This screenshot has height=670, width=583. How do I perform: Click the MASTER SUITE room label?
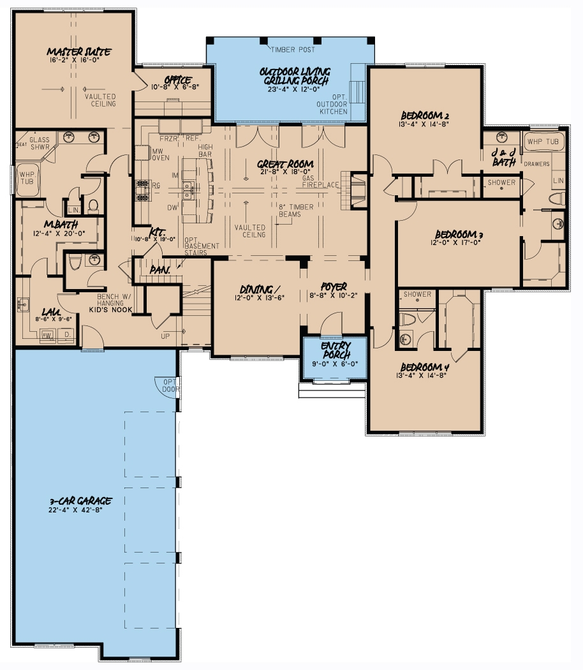click(x=80, y=51)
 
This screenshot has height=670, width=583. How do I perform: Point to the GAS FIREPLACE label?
click(x=321, y=181)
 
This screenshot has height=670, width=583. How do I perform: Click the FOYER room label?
click(x=334, y=287)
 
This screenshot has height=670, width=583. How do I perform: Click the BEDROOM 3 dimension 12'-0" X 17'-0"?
click(x=445, y=242)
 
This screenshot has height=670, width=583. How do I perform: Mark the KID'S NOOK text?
click(x=110, y=309)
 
